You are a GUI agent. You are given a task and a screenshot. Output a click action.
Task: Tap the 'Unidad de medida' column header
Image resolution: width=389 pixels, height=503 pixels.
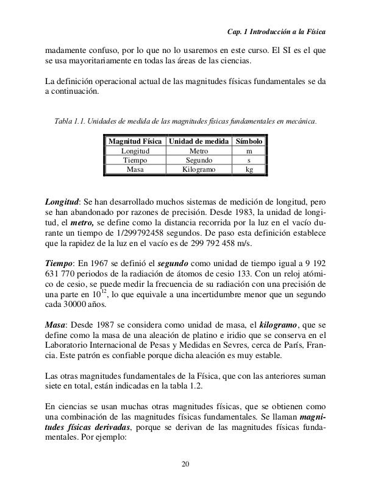[x=198, y=141]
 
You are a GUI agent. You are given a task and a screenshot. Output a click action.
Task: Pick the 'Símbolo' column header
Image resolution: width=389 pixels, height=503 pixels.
[x=249, y=141]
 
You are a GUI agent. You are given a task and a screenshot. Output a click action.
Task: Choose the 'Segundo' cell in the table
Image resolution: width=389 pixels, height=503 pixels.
[x=198, y=161]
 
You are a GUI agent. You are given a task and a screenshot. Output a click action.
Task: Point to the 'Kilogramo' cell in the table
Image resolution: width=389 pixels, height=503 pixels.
[x=198, y=171]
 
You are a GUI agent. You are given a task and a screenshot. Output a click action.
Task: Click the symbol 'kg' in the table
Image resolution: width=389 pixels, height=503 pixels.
[x=249, y=171]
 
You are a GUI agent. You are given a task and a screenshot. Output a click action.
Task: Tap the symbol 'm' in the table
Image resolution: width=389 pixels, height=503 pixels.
[x=249, y=151]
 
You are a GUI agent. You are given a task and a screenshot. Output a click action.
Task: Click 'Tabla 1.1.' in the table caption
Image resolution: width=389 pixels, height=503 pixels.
[x=70, y=121]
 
